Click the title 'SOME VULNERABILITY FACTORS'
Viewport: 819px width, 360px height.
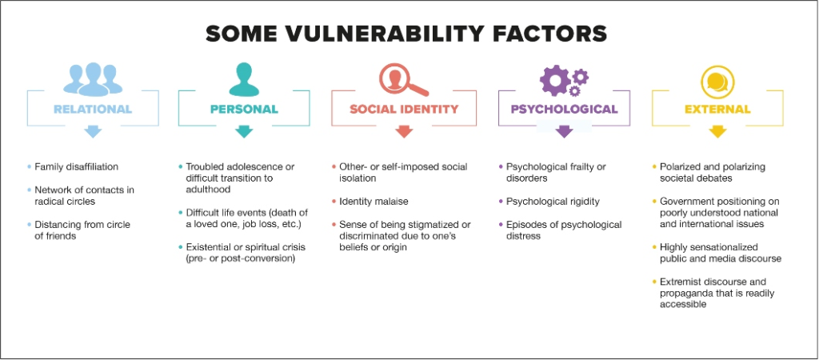[406, 34]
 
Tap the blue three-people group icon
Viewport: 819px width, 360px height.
[93, 79]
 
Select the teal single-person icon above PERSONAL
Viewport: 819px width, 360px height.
[244, 79]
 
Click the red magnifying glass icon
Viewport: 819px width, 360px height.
[403, 79]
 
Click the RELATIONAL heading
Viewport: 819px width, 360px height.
[93, 110]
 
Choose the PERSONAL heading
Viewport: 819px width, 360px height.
[244, 110]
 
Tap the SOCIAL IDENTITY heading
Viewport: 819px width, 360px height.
[404, 110]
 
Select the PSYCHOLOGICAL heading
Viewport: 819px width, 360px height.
[564, 110]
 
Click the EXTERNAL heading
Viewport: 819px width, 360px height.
[717, 110]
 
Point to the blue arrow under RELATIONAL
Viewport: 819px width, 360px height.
[93, 132]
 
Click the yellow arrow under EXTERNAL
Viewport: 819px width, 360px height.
[717, 132]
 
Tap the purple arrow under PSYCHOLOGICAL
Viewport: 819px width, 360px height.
[564, 132]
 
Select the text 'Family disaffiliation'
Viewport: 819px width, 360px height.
[76, 167]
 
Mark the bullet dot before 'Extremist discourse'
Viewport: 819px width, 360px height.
[654, 282]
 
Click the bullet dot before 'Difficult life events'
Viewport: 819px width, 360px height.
[181, 213]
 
